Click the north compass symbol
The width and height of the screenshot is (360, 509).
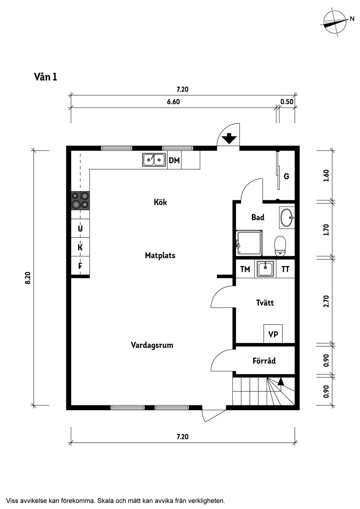[334, 22]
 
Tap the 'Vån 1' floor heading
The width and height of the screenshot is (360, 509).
[45, 77]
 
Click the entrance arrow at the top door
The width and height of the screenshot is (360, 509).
[229, 139]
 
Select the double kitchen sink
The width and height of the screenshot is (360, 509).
[154, 160]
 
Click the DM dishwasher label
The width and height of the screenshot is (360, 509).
[174, 161]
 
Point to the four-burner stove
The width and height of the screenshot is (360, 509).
[81, 200]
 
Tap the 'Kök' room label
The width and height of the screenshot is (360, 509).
[160, 202]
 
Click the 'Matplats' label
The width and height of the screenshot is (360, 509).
[160, 256]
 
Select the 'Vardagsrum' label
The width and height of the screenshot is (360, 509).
[152, 345]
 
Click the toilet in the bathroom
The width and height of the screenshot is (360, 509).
[280, 246]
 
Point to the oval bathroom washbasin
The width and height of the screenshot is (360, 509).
[287, 217]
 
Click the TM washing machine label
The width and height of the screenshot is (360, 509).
[245, 269]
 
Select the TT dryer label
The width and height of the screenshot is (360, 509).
[285, 269]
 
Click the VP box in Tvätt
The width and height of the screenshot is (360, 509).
[273, 334]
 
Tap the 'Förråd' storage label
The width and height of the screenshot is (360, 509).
[264, 361]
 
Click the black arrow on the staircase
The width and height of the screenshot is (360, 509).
[280, 382]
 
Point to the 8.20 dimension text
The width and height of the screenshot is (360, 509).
[28, 278]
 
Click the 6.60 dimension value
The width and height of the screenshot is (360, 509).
[173, 102]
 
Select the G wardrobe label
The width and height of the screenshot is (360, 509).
[286, 176]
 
